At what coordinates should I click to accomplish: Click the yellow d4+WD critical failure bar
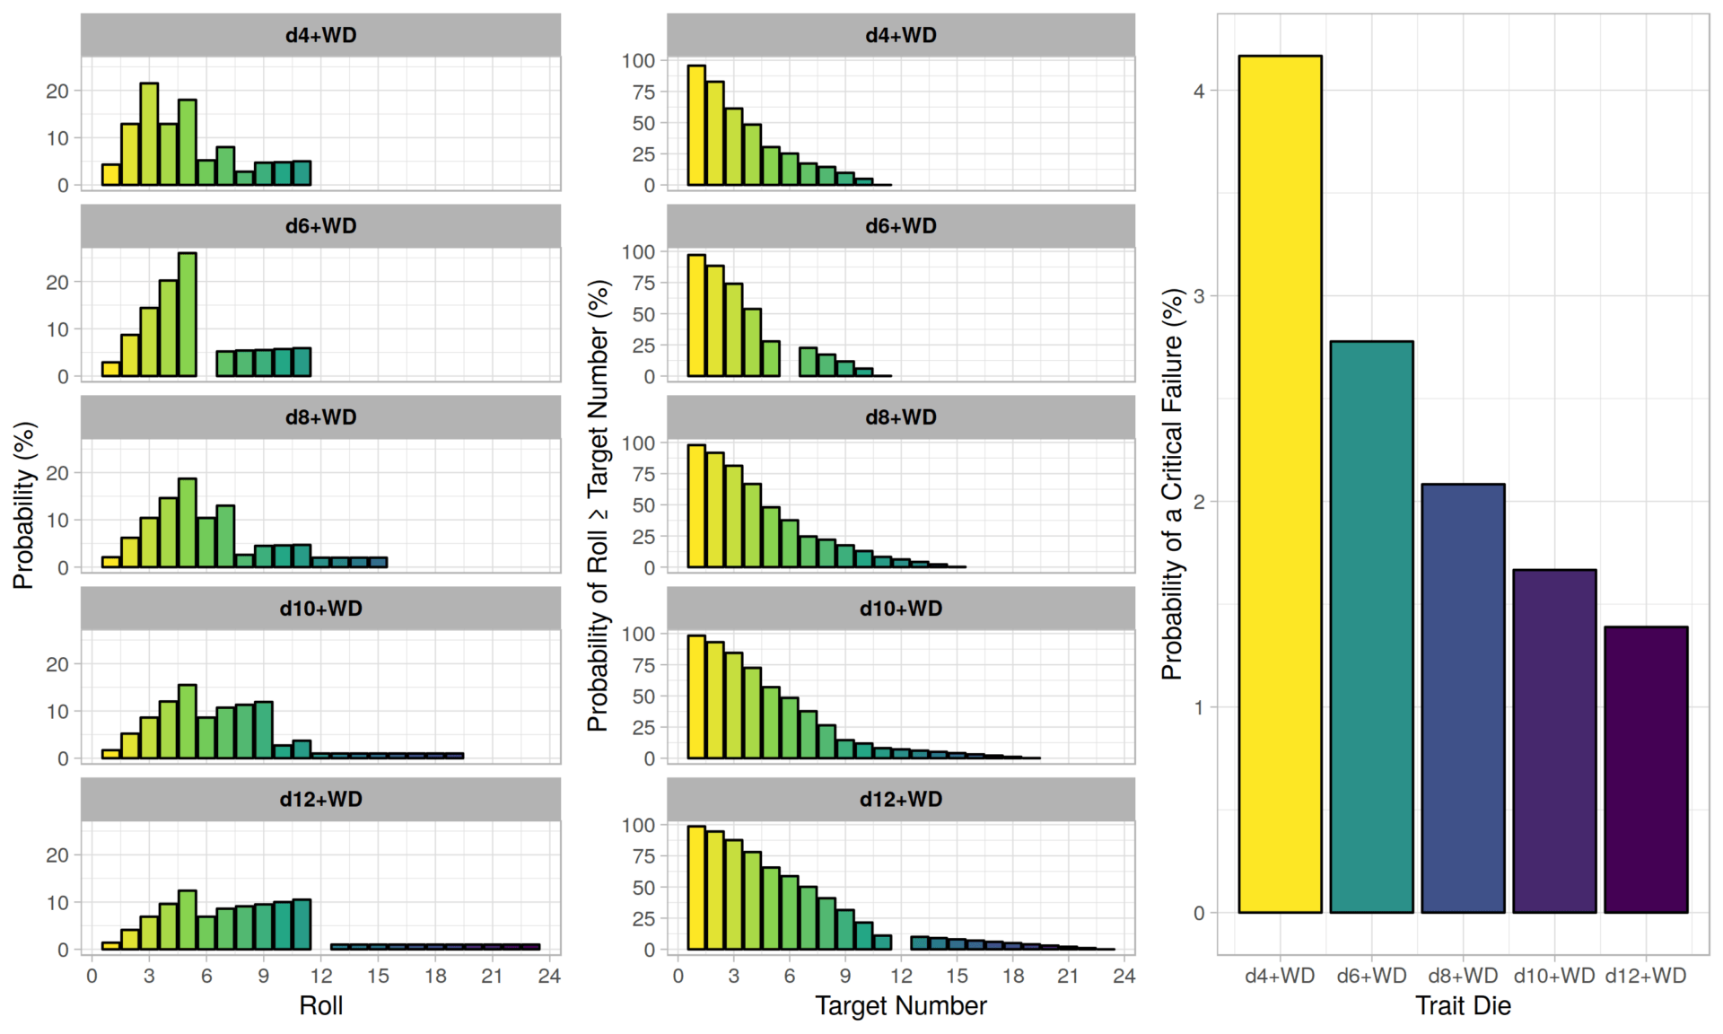tap(1280, 485)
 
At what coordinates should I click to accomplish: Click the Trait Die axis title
tap(1463, 1006)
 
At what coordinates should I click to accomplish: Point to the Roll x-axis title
tap(320, 1006)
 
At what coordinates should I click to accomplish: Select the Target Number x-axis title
tap(900, 1006)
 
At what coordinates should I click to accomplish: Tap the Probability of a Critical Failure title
tap(1172, 485)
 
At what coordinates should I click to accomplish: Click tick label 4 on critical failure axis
tap(1199, 91)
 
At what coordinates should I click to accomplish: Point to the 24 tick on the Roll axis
tap(549, 976)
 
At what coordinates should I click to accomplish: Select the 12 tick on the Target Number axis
tap(901, 976)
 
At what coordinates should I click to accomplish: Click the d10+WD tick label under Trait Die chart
tap(1554, 976)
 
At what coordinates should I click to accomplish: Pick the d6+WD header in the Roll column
tap(320, 226)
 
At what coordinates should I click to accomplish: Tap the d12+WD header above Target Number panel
tap(900, 799)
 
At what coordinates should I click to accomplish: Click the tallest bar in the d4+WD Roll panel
tap(149, 135)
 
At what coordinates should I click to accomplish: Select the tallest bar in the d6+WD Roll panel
tap(187, 314)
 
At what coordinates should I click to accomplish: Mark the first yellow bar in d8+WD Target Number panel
tap(696, 506)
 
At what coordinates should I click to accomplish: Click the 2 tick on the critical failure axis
tap(1199, 502)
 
